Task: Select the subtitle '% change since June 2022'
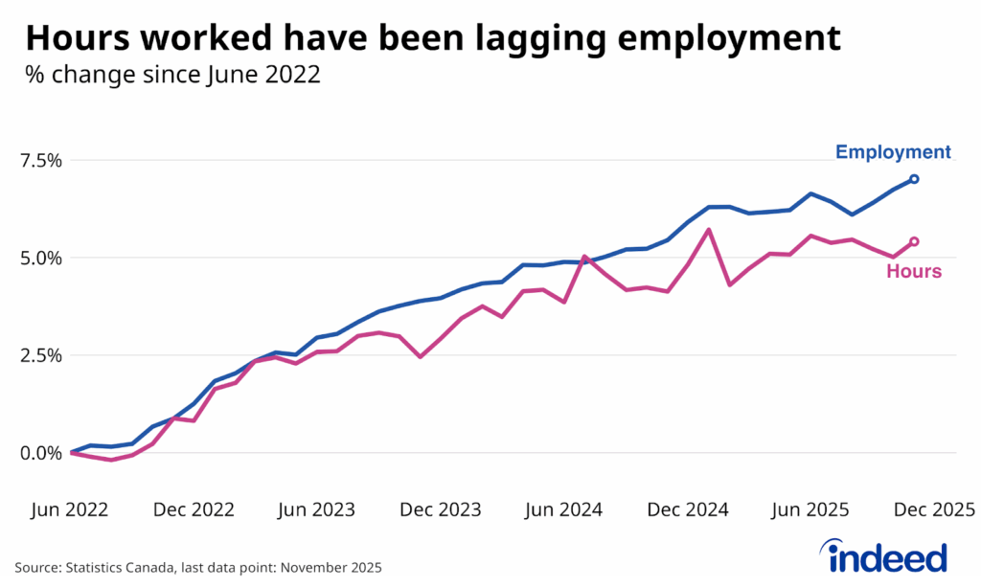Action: point(173,76)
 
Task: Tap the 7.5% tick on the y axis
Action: point(35,160)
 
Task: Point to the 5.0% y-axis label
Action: point(35,258)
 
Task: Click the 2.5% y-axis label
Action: point(35,355)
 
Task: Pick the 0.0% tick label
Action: point(35,453)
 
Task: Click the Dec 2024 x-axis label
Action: point(685,509)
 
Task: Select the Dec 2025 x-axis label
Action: point(932,509)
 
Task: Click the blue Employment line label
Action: point(893,152)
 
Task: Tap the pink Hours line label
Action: point(913,272)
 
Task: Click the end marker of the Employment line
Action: point(914,179)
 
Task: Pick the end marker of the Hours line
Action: point(914,241)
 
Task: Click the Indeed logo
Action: point(882,555)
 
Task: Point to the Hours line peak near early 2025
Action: point(709,229)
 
